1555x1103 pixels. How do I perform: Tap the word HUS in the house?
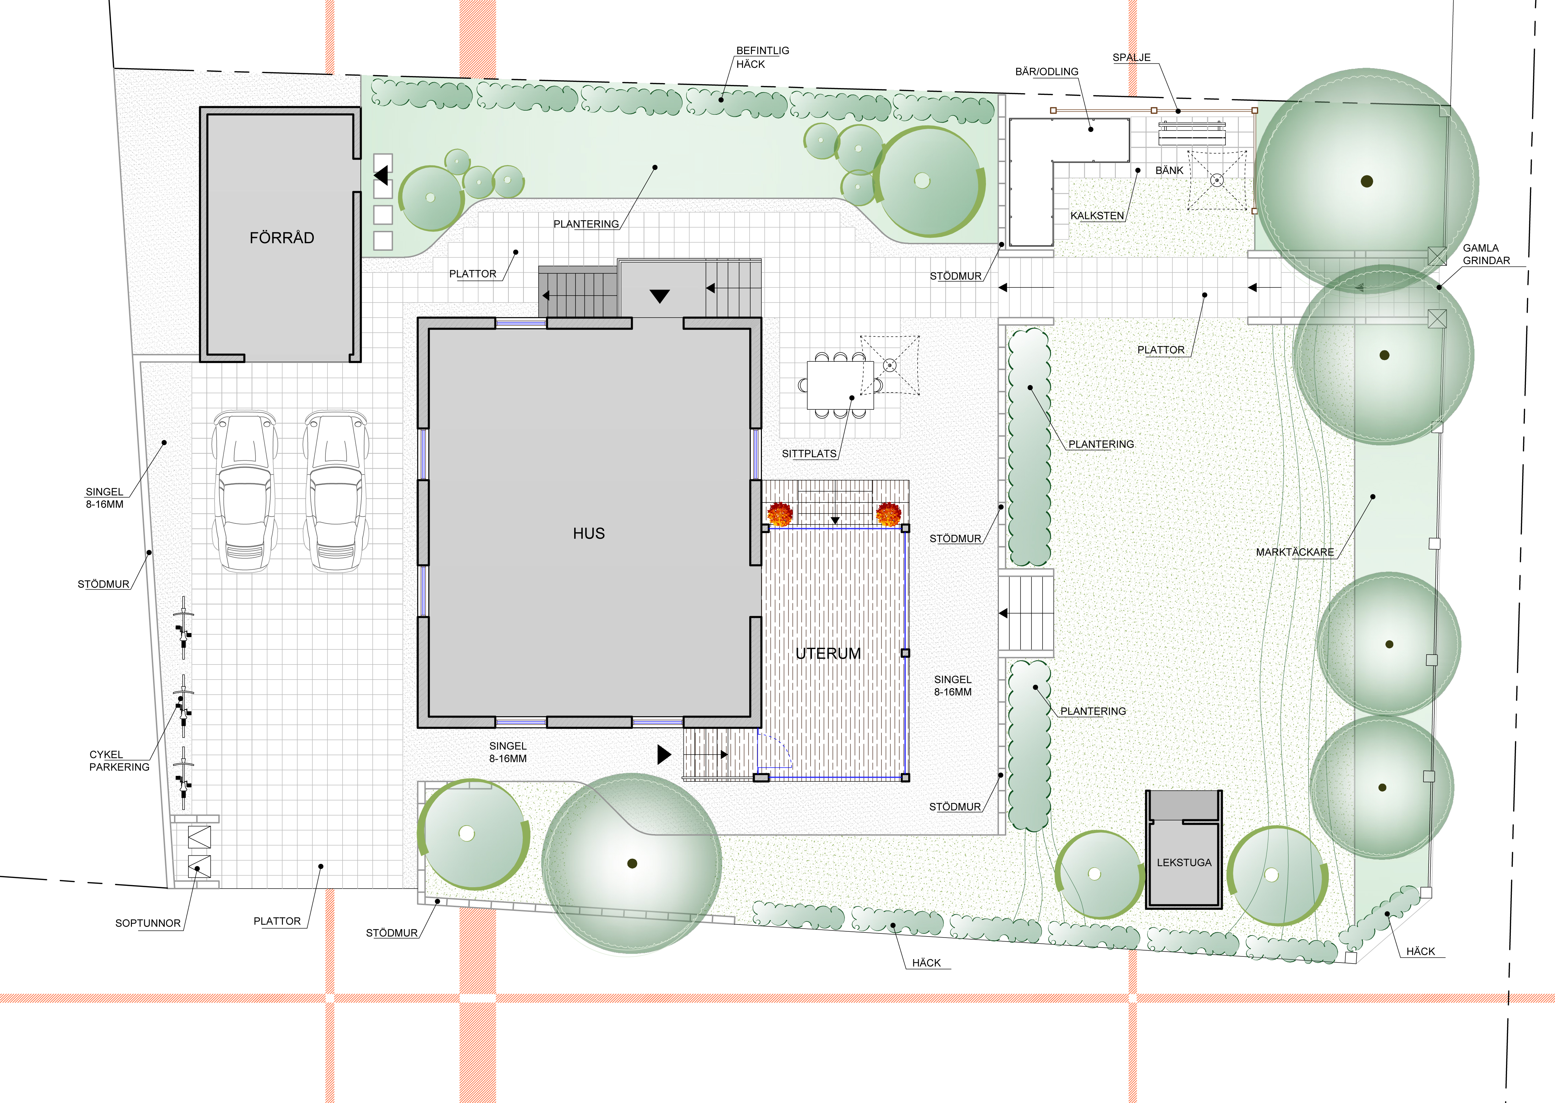click(x=588, y=533)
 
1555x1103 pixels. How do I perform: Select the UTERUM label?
click(x=828, y=653)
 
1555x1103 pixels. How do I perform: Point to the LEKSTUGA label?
click(x=1184, y=863)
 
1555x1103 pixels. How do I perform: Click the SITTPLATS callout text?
click(x=809, y=454)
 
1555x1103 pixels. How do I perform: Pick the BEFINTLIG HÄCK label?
click(x=762, y=57)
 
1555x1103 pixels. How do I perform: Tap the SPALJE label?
click(x=1131, y=58)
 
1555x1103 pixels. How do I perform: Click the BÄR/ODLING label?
click(x=1046, y=71)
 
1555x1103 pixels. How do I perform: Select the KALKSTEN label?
click(x=1097, y=216)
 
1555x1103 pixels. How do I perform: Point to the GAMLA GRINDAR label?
click(x=1486, y=254)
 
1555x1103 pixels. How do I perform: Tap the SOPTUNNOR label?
click(x=147, y=923)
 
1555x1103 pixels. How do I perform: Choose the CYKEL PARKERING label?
click(x=119, y=761)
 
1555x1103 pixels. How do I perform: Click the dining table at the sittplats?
click(x=840, y=385)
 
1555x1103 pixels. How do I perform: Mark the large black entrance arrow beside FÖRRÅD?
click(x=381, y=175)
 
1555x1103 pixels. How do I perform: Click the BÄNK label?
click(x=1169, y=171)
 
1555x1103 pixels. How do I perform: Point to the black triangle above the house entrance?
click(x=659, y=296)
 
